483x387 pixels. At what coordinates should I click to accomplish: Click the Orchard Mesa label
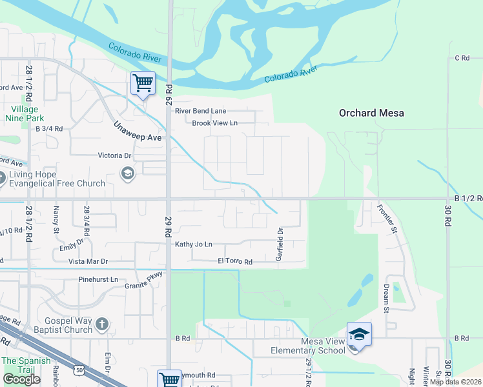coord(371,113)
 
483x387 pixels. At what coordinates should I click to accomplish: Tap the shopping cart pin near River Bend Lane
coord(143,83)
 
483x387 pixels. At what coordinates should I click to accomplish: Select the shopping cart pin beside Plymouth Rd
coord(169,379)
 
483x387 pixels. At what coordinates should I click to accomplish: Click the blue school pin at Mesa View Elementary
coord(359,335)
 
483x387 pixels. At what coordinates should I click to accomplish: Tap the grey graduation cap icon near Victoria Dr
coord(127,172)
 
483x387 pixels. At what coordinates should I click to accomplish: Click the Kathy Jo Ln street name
coord(194,244)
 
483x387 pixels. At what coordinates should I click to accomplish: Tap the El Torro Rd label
coord(234,262)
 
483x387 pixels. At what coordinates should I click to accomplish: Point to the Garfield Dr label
coord(280,244)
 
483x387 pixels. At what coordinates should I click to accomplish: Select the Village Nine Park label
coord(25,114)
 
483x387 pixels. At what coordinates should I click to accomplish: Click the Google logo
coord(21,379)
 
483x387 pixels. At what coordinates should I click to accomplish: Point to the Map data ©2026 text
coord(455,382)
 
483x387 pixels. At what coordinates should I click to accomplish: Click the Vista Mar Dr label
coord(88,262)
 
